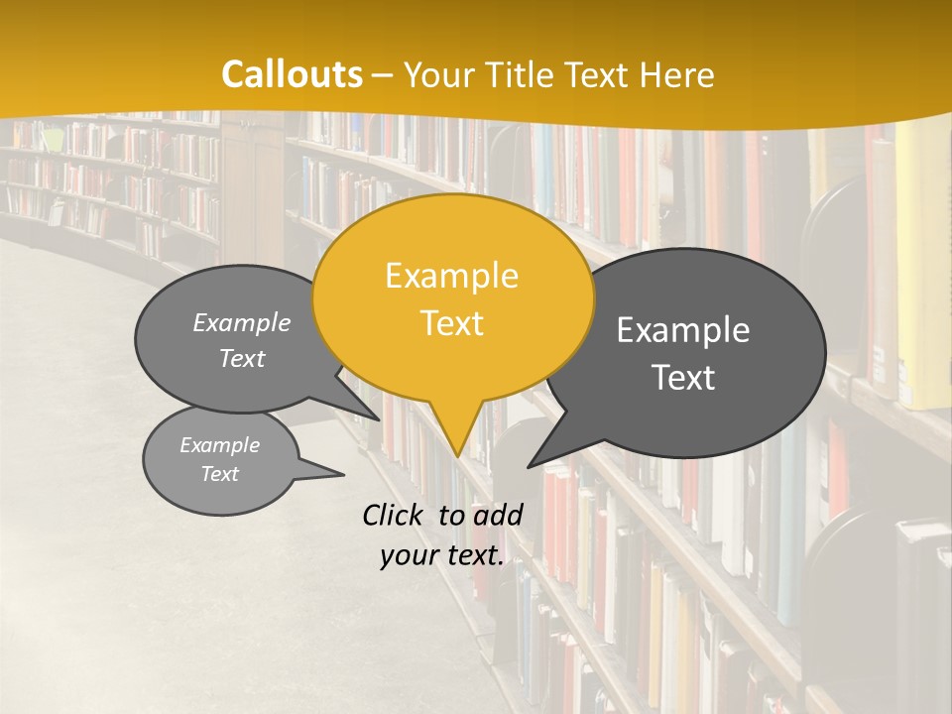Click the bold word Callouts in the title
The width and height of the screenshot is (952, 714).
point(292,74)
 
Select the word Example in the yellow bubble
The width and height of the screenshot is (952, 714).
point(451,276)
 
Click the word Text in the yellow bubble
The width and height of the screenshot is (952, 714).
point(451,323)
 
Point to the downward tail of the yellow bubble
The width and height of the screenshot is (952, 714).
point(456,436)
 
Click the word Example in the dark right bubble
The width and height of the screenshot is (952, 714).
point(683,330)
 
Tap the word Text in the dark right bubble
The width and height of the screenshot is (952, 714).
point(683,378)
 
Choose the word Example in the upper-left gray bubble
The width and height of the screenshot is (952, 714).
point(242,322)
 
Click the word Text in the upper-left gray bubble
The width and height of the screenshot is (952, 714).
point(242,358)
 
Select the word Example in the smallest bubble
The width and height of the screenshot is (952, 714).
point(219,445)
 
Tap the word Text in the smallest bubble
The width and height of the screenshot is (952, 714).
point(219,474)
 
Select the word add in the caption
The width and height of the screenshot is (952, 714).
point(498,515)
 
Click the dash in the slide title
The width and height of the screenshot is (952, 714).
point(384,75)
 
